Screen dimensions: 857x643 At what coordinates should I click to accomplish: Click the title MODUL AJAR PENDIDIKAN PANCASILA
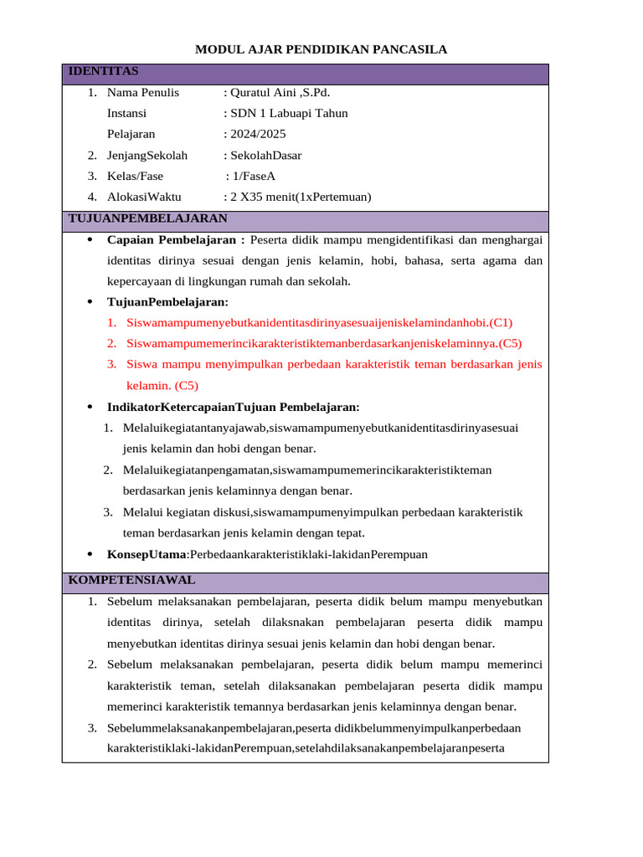[x=321, y=49]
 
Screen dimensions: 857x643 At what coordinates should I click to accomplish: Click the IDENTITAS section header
[x=103, y=71]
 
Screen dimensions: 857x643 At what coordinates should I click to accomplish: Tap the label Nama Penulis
[x=143, y=93]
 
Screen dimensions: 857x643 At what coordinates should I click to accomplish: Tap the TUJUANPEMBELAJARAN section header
[x=147, y=218]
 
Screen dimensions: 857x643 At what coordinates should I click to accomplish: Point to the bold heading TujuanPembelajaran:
[x=167, y=301]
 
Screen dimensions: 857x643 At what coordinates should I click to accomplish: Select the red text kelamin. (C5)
[x=162, y=385]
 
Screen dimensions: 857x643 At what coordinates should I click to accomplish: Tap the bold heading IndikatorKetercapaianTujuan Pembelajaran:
[x=233, y=407]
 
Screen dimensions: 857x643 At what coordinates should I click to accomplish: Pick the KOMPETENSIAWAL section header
[x=131, y=579]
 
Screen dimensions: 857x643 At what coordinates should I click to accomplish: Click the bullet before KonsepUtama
[x=90, y=554]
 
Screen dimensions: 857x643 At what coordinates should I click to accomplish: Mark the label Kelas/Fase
[x=135, y=176]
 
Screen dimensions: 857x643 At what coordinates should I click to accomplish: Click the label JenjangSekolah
[x=147, y=155]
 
